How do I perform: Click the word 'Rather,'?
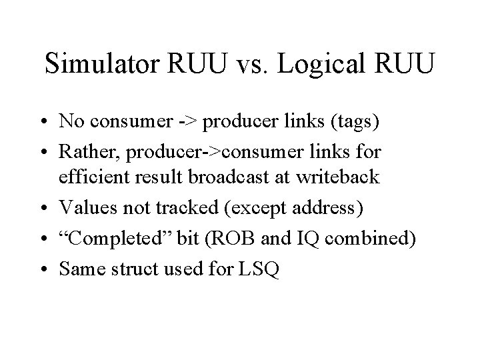coord(86,153)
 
